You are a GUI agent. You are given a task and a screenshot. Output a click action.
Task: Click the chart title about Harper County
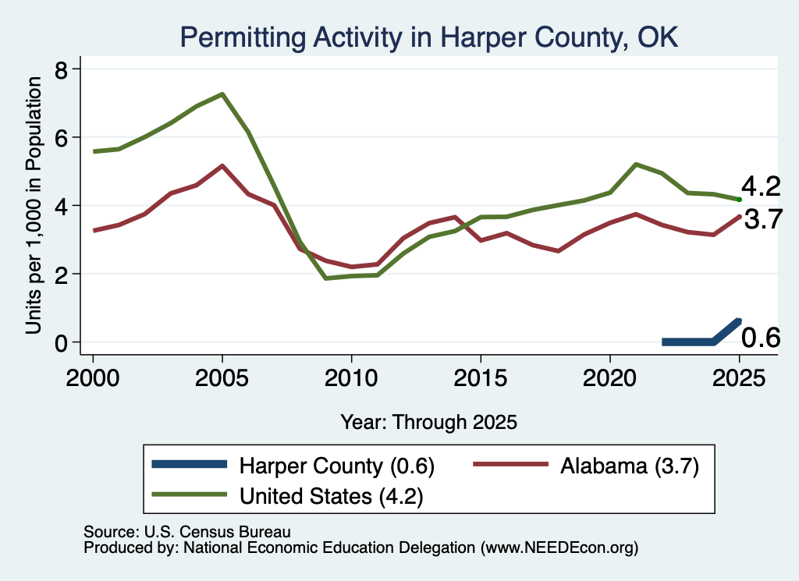[429, 37]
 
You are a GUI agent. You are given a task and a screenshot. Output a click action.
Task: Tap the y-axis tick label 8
[61, 69]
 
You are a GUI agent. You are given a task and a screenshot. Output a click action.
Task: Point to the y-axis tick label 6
[61, 138]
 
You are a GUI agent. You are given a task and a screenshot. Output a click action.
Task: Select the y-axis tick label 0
[61, 343]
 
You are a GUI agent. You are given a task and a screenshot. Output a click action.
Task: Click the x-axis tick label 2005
[222, 378]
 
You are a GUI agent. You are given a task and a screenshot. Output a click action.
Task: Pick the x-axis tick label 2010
[351, 378]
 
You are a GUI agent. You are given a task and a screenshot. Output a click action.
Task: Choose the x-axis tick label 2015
[481, 378]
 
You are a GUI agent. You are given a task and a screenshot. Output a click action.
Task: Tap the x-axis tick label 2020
[610, 378]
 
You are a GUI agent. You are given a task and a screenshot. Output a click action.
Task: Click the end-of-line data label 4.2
[761, 186]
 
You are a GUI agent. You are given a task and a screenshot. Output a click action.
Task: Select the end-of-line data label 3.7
[763, 219]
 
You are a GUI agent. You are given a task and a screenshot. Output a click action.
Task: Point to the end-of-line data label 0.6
[761, 338]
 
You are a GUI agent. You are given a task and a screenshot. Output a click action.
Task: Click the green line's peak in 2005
[222, 94]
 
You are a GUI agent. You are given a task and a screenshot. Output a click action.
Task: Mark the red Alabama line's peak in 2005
[222, 166]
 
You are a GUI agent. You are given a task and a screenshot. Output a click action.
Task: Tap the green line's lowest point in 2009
[325, 278]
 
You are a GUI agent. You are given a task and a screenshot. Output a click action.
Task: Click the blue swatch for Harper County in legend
[189, 464]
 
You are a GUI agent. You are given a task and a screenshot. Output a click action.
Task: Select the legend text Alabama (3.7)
[630, 466]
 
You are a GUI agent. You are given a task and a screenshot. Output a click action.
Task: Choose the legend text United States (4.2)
[331, 496]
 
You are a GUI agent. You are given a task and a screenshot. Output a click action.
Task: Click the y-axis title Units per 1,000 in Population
[34, 205]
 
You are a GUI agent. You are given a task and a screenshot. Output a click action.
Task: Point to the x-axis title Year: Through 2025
[428, 422]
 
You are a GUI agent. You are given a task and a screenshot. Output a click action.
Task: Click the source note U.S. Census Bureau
[187, 532]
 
